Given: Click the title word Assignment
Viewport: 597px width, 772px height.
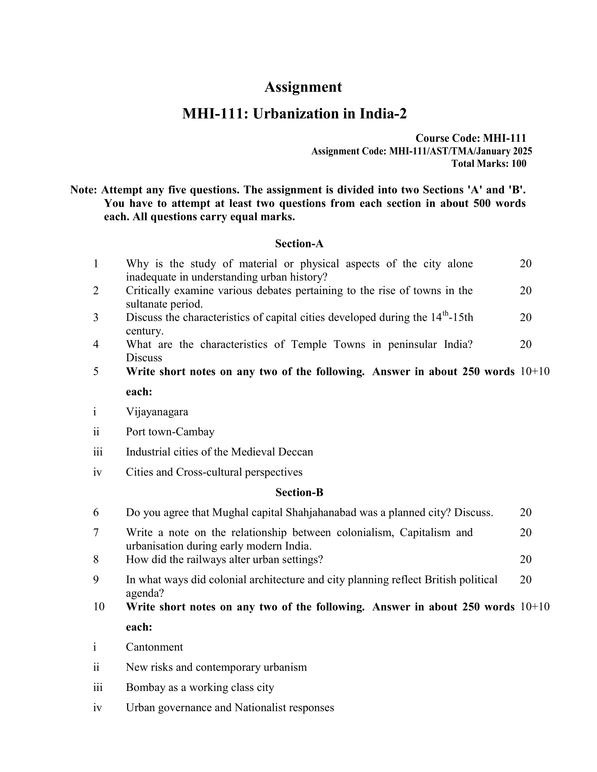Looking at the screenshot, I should pyautogui.click(x=303, y=87).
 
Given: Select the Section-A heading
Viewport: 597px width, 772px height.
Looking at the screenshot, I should pyautogui.click(x=299, y=244).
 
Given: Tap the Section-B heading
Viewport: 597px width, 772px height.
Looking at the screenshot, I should pyautogui.click(x=299, y=492).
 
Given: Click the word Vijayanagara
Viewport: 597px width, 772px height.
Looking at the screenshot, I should pyautogui.click(x=157, y=412).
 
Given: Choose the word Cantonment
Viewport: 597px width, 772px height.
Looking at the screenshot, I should pyautogui.click(x=154, y=647).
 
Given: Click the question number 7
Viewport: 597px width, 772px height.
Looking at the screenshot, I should pyautogui.click(x=96, y=532).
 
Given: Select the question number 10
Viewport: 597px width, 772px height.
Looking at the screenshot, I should pyautogui.click(x=99, y=607).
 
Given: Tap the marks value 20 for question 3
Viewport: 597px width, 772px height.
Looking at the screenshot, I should pyautogui.click(x=526, y=318).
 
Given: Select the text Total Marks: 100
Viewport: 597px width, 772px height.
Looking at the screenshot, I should pyautogui.click(x=489, y=163).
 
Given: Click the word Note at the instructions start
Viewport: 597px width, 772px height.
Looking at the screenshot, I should pyautogui.click(x=83, y=190).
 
